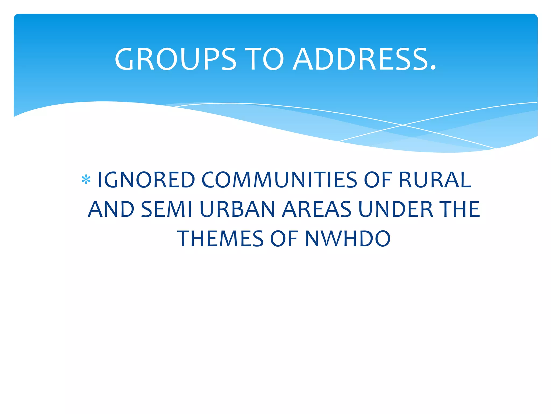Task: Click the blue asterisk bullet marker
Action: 86,180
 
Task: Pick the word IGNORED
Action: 146,180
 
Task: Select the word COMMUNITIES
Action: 279,180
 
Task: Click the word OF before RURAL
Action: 378,180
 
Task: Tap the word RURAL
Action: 435,180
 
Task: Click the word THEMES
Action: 220,239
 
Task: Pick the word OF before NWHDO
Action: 284,239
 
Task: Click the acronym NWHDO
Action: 348,239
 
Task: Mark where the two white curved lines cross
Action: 403,125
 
